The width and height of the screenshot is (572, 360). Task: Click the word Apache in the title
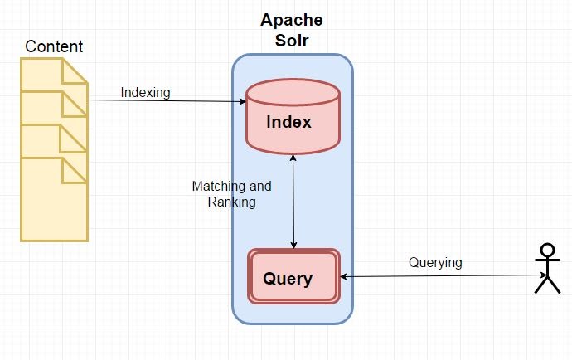(292, 20)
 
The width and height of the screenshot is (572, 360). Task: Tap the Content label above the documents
(54, 46)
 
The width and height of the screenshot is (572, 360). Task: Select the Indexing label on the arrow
(145, 92)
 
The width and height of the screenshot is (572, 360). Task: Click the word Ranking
(231, 202)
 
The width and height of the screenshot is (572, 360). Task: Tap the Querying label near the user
(435, 262)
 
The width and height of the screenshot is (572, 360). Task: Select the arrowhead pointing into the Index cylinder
(242, 102)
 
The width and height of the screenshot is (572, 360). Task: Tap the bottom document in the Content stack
(53, 203)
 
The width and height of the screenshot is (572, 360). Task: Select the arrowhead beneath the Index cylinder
(293, 158)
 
